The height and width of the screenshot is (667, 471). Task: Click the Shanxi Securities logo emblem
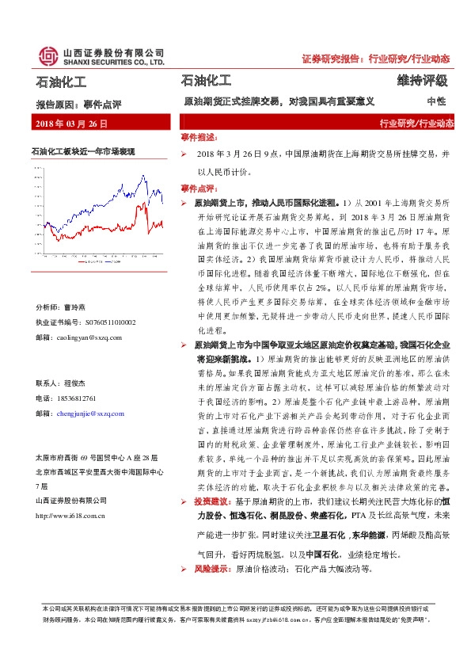click(48, 55)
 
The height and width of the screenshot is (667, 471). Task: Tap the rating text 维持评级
click(423, 82)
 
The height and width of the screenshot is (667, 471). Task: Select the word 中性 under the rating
click(436, 102)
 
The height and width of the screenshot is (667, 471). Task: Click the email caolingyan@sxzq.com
click(93, 337)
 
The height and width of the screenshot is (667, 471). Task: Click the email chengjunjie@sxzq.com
click(97, 414)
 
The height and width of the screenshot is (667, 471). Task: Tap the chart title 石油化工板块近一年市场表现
click(83, 151)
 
